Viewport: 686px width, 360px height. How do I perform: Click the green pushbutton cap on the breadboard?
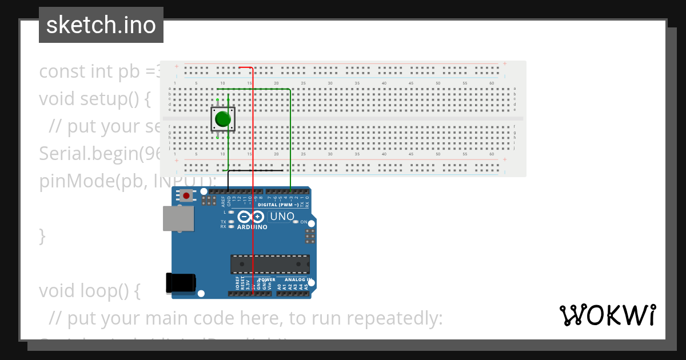point(222,119)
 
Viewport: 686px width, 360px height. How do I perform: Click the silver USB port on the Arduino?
point(178,219)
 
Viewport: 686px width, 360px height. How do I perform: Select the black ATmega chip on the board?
point(270,265)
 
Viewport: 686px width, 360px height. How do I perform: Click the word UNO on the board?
point(282,217)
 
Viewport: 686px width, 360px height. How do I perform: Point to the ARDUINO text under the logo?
point(252,227)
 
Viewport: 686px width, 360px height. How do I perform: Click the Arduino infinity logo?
point(251,217)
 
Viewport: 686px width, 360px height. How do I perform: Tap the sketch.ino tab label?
point(101,25)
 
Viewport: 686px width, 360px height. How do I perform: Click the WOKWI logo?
point(607,315)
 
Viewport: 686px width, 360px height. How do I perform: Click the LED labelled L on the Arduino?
point(231,212)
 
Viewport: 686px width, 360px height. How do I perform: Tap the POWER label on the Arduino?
point(267,281)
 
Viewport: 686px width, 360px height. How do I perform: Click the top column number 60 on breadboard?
point(492,83)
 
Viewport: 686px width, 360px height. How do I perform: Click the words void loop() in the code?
point(89,291)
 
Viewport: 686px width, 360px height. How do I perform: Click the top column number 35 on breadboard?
point(357,83)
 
